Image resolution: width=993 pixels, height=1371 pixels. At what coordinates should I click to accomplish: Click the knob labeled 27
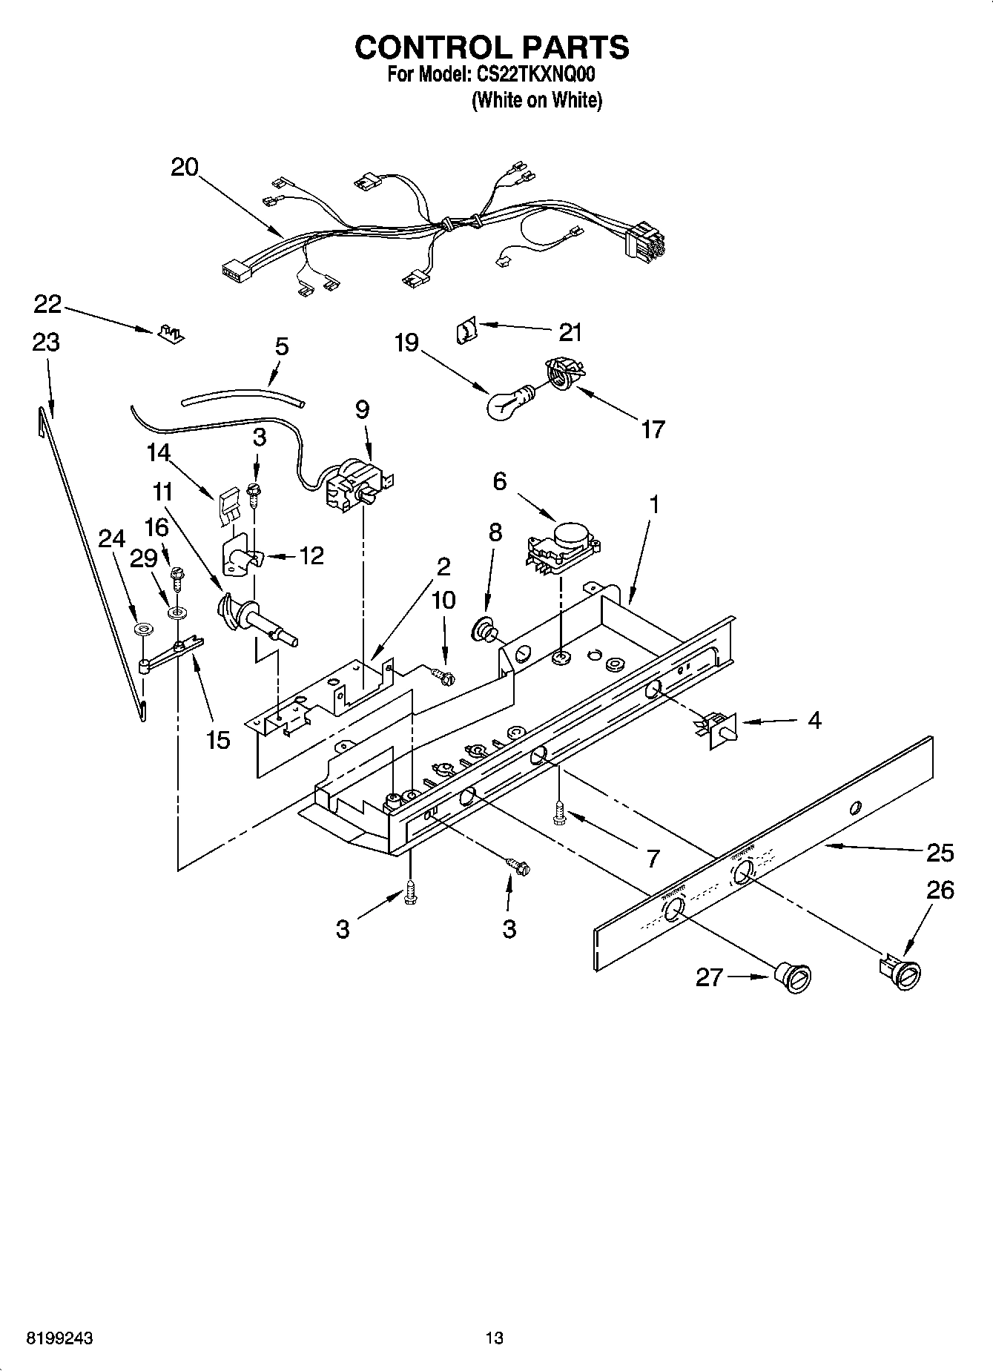coord(793,978)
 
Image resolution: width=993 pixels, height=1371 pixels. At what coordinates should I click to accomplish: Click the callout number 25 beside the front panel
coord(940,853)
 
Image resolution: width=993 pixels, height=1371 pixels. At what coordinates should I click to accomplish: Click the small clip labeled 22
coord(171,332)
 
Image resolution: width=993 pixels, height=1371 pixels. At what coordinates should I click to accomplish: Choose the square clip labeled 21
coord(466,329)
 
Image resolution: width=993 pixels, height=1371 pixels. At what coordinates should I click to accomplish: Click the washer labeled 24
coord(142,630)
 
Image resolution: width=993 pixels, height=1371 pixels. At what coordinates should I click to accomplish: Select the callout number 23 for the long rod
coord(46,343)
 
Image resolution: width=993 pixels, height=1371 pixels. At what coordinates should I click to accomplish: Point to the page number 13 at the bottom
coord(494,1338)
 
